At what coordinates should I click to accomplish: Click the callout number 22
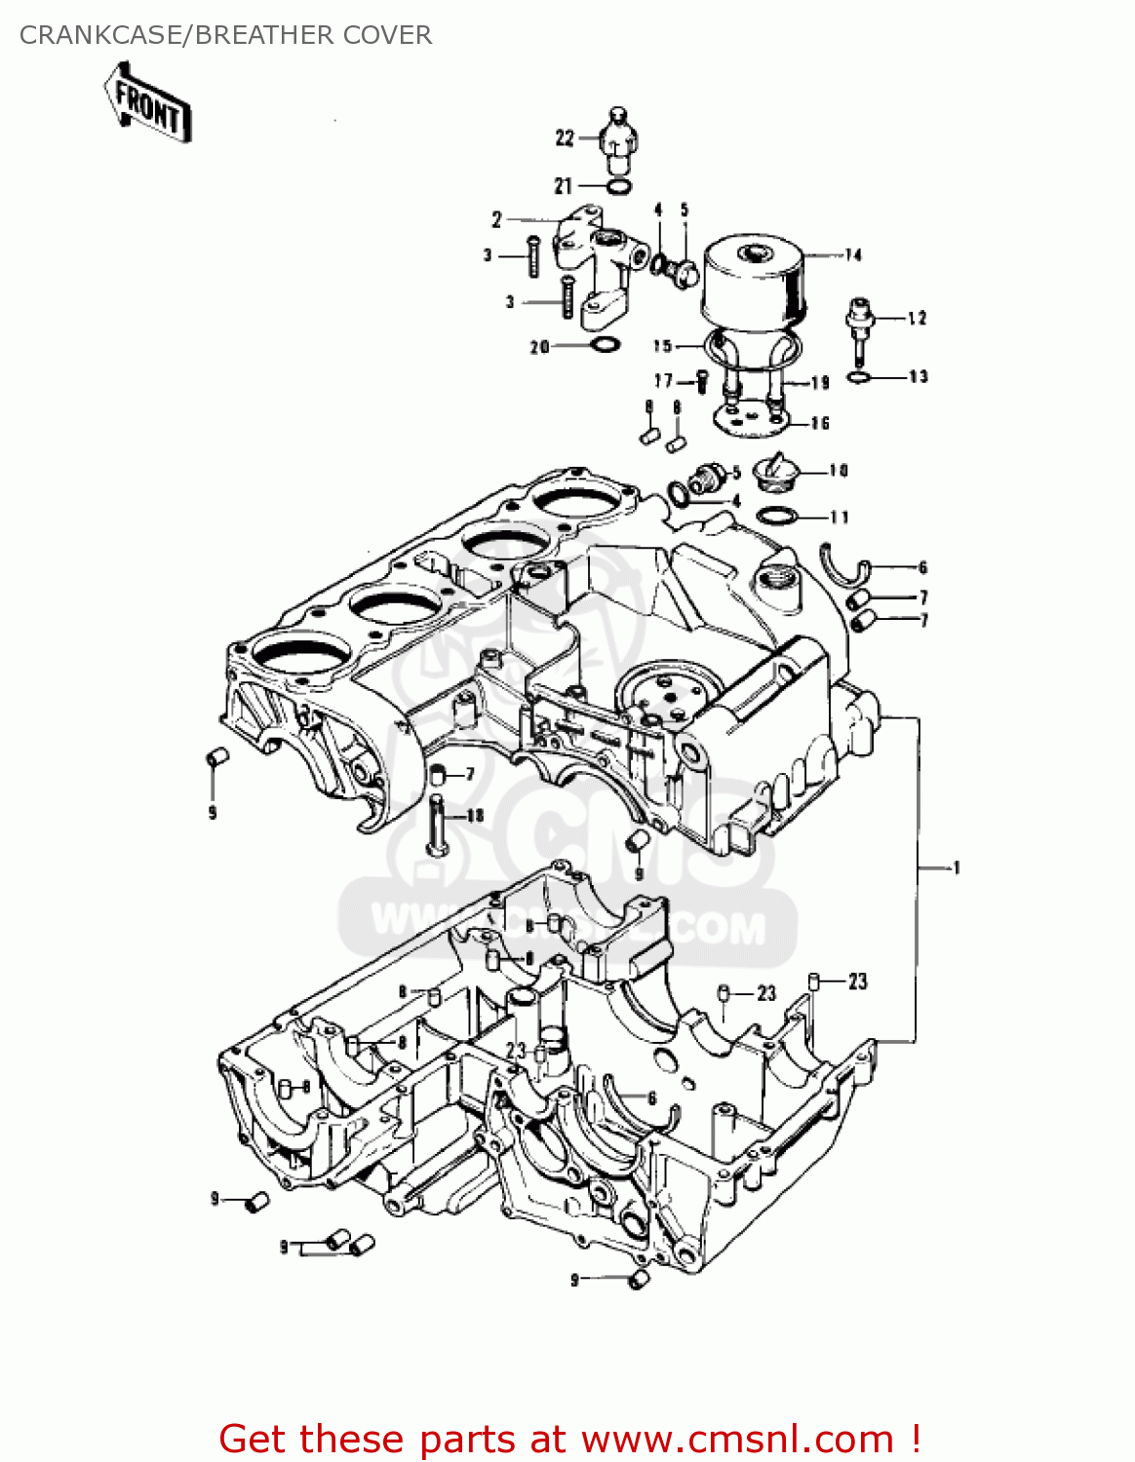[x=565, y=138]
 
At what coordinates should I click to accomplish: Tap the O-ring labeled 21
[x=617, y=186]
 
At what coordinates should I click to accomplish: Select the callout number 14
[x=853, y=255]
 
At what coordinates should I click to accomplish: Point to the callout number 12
[x=917, y=319]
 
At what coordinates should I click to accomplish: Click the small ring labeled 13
[x=858, y=377]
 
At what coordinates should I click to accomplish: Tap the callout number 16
[x=820, y=423]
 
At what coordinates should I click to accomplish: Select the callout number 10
[x=839, y=471]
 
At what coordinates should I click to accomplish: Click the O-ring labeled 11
[x=777, y=516]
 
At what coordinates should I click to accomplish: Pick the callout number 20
[x=539, y=347]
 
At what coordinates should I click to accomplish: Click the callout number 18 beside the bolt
[x=475, y=815]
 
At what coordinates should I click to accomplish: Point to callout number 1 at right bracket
[x=957, y=867]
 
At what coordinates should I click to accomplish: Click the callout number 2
[x=496, y=220]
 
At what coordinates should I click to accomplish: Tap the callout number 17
[x=663, y=381]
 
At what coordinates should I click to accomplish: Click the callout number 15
[x=663, y=346]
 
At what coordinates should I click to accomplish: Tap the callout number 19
[x=820, y=383]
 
